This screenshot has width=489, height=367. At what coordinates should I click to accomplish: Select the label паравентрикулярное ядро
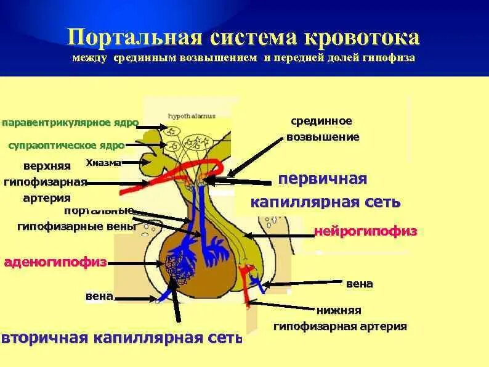[x=70, y=123]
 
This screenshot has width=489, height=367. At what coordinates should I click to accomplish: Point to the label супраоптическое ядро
[x=66, y=146]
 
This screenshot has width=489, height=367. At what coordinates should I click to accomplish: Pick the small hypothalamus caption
[x=192, y=116]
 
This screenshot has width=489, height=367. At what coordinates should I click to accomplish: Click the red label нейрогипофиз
[x=366, y=231]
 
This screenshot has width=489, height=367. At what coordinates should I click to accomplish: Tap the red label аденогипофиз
[x=55, y=262]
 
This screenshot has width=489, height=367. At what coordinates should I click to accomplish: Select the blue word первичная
[x=322, y=179]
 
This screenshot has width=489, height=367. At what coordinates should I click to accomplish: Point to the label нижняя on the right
[x=339, y=310]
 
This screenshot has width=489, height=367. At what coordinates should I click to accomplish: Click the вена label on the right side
[x=360, y=284]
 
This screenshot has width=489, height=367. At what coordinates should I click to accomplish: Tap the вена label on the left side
[x=99, y=297]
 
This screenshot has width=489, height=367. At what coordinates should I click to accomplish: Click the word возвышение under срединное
[x=323, y=136]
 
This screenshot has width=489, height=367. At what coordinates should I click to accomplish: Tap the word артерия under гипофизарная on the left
[x=47, y=198]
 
